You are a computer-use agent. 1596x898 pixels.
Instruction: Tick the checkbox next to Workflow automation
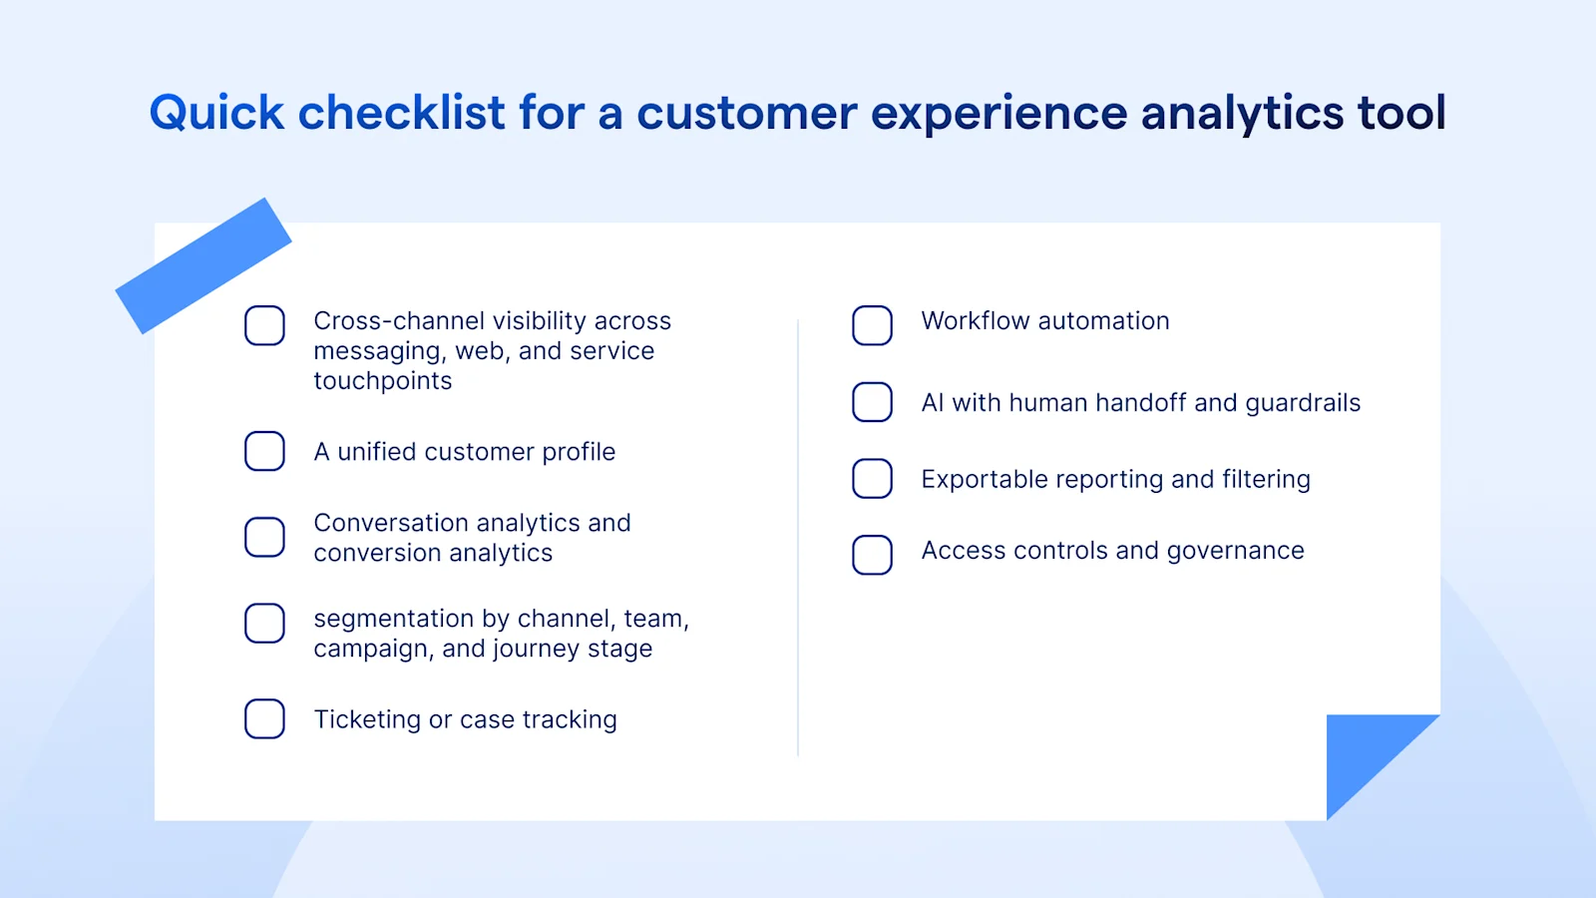coord(872,325)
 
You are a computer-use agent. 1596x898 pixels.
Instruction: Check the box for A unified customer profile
coord(264,451)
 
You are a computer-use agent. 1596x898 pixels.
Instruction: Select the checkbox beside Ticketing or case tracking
coord(264,718)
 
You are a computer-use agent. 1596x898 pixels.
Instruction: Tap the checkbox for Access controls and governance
coord(872,555)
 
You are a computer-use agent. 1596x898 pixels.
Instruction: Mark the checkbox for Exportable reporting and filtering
coord(872,479)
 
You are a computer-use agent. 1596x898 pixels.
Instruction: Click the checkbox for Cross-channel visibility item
coord(264,325)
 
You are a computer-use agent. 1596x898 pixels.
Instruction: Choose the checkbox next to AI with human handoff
coord(872,402)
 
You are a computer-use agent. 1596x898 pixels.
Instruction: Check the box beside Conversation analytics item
coord(264,537)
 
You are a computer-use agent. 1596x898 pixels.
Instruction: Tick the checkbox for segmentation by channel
coord(264,623)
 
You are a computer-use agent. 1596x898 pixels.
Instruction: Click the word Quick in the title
coord(216,113)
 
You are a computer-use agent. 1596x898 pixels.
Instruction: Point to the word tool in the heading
coord(1400,113)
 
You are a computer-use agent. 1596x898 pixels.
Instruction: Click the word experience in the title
coord(998,113)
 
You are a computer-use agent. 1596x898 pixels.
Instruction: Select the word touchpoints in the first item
coord(382,381)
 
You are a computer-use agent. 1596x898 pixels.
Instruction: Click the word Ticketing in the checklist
coord(367,719)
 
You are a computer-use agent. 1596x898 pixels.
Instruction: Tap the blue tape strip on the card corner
coord(203,265)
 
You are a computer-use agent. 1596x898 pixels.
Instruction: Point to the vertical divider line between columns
coord(798,539)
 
